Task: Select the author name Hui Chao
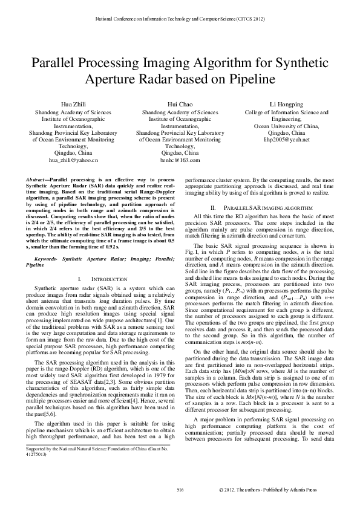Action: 180,105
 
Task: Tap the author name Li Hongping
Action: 286,105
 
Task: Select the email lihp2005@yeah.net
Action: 286,140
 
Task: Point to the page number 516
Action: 180,488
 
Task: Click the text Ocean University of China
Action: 286,126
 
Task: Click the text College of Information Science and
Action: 286,112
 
